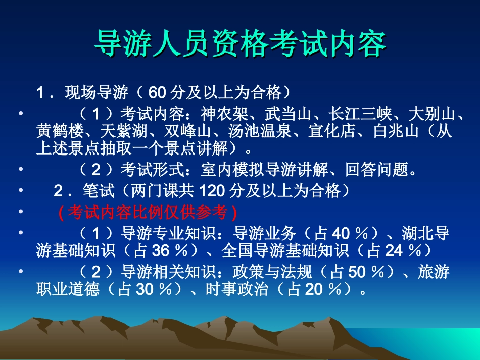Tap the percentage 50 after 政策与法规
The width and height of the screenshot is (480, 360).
[x=356, y=272]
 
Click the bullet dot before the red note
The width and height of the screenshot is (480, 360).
[x=20, y=212]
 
